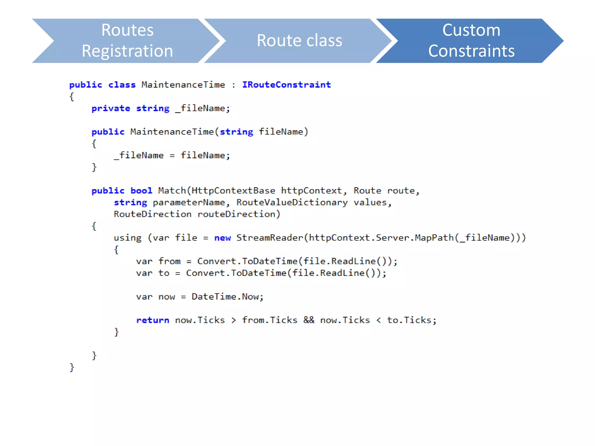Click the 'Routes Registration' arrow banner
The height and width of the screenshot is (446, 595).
click(127, 41)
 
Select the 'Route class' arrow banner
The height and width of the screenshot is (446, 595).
click(299, 41)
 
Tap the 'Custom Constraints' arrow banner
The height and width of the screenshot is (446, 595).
click(471, 41)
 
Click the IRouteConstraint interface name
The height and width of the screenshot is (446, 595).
click(286, 85)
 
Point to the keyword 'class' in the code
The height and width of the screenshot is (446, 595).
click(122, 85)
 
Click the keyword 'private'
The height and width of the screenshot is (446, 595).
click(111, 108)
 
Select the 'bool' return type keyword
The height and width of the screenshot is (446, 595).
click(141, 191)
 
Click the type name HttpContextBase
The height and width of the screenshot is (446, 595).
click(233, 191)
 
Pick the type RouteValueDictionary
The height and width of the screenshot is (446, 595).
click(292, 202)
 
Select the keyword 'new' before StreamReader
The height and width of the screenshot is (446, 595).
click(222, 238)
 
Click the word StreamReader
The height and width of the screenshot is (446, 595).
click(270, 238)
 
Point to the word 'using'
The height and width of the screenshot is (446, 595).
click(128, 238)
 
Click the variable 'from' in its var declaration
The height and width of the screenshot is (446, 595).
click(169, 261)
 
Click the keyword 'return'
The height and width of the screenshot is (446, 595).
click(153, 320)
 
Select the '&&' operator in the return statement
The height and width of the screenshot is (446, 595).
click(309, 320)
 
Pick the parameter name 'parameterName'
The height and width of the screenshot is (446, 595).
click(189, 202)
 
